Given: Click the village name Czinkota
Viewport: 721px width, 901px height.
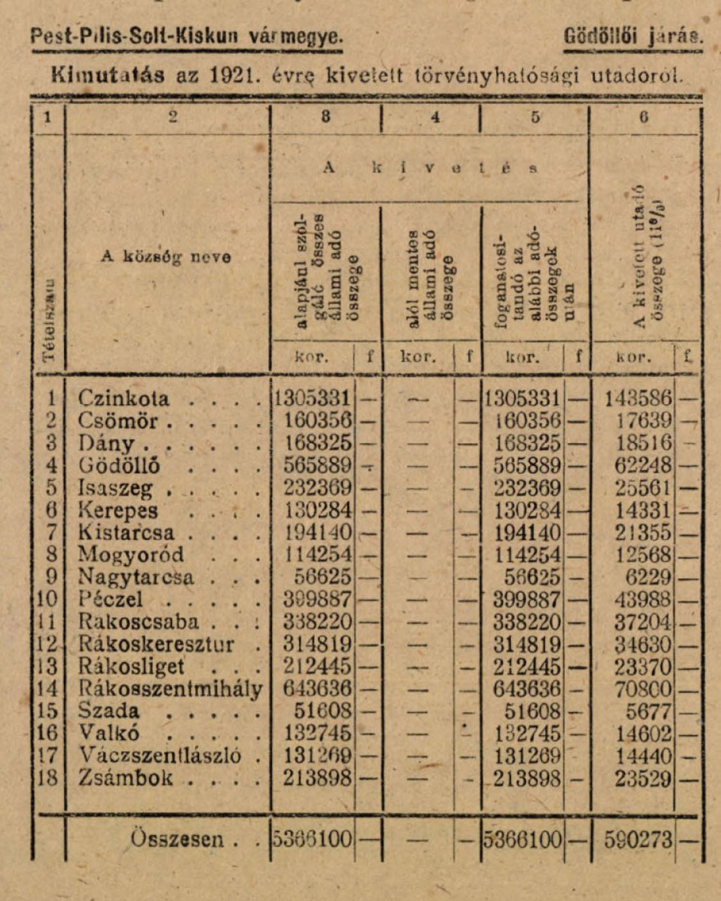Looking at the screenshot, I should coord(124,399).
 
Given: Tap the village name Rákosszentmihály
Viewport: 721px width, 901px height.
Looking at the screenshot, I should coord(170,689).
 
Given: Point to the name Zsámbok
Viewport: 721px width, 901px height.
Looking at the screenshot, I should coord(126,778).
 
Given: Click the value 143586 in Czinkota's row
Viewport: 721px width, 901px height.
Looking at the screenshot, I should coord(638,399).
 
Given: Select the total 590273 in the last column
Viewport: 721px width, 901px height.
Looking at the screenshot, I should coord(638,840).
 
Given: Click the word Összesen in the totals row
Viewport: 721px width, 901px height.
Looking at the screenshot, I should coord(177,839).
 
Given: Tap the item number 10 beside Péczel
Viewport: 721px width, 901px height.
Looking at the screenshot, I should coord(48,600).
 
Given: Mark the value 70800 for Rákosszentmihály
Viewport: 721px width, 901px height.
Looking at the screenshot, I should coord(643,689).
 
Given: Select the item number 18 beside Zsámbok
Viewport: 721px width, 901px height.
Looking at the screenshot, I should coord(48,778).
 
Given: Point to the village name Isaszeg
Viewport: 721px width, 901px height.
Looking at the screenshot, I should coord(116,489).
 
